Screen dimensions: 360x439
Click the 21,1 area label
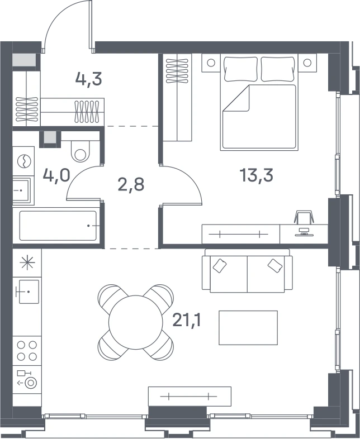click(187, 319)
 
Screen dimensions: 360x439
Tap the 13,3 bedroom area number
click(257, 175)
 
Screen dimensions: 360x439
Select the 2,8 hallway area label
click(131, 184)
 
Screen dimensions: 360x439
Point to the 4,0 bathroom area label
click(56, 175)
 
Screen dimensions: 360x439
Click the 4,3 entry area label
click(88, 79)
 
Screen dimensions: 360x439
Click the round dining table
click(136, 322)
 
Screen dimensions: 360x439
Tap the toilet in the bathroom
click(80, 151)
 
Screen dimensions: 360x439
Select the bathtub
click(58, 226)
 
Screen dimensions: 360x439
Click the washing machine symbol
click(23, 161)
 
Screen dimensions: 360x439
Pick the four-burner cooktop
click(27, 351)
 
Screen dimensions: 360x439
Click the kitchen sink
click(29, 292)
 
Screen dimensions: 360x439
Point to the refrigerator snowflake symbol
click(27, 263)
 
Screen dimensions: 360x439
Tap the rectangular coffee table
click(248, 327)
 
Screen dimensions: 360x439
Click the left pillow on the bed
click(241, 69)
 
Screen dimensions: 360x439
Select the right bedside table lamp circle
click(307, 63)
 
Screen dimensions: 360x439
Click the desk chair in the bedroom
click(304, 217)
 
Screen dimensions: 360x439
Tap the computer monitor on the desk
click(304, 232)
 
